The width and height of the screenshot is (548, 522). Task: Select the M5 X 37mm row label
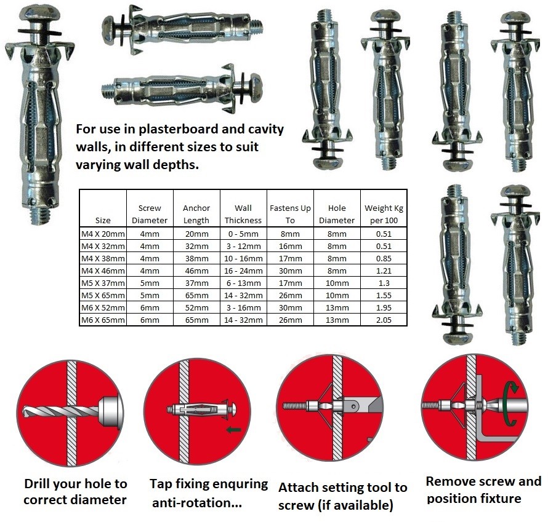click(x=103, y=283)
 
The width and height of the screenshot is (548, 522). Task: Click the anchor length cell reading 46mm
click(x=196, y=271)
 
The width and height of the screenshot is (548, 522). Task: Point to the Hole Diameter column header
click(x=337, y=214)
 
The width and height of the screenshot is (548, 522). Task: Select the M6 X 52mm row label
click(x=103, y=307)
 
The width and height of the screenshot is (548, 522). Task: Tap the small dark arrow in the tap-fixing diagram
click(x=233, y=429)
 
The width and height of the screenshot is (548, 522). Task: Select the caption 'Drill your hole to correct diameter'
click(x=75, y=491)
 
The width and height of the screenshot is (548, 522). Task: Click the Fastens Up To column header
click(x=290, y=214)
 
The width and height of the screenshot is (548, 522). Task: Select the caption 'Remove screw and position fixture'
click(x=483, y=489)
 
